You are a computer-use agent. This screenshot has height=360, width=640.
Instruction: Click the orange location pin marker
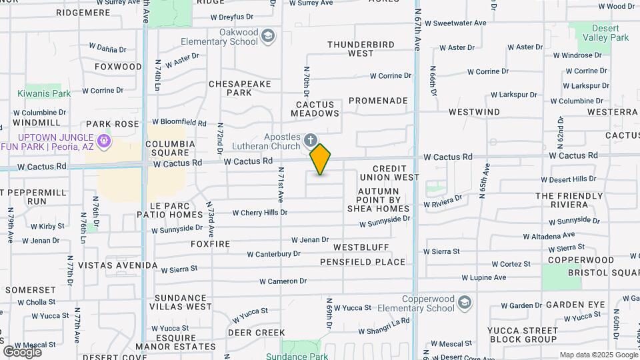(x=321, y=159)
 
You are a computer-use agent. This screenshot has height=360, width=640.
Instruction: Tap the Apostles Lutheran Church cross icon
(x=310, y=141)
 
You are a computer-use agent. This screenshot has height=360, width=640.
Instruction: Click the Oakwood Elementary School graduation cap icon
(x=268, y=35)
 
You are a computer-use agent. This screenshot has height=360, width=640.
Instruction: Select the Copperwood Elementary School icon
(x=465, y=303)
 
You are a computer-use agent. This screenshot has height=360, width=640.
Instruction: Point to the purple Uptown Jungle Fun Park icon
(x=103, y=141)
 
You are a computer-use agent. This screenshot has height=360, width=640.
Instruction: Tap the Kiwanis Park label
(x=44, y=94)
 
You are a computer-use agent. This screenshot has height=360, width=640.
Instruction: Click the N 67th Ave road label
(x=418, y=30)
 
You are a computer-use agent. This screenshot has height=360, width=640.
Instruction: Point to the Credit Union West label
(x=389, y=173)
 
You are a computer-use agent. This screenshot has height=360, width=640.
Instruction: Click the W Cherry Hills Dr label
(x=259, y=213)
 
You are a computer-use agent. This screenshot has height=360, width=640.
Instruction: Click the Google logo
(x=22, y=352)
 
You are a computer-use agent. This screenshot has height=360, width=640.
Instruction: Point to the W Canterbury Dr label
(x=273, y=254)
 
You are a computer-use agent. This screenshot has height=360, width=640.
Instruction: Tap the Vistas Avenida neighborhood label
(x=118, y=265)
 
